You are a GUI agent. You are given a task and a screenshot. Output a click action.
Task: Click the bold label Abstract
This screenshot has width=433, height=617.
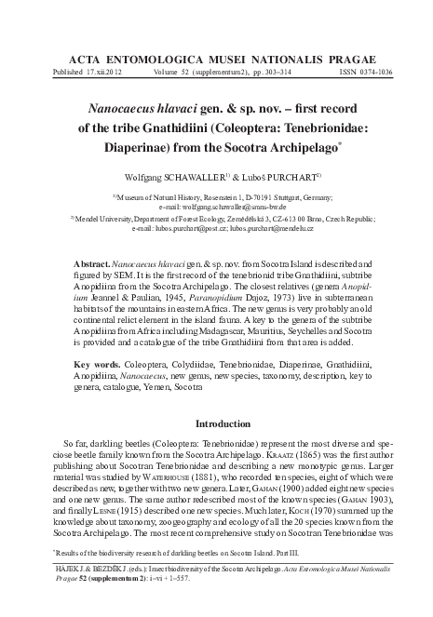coord(90,251)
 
